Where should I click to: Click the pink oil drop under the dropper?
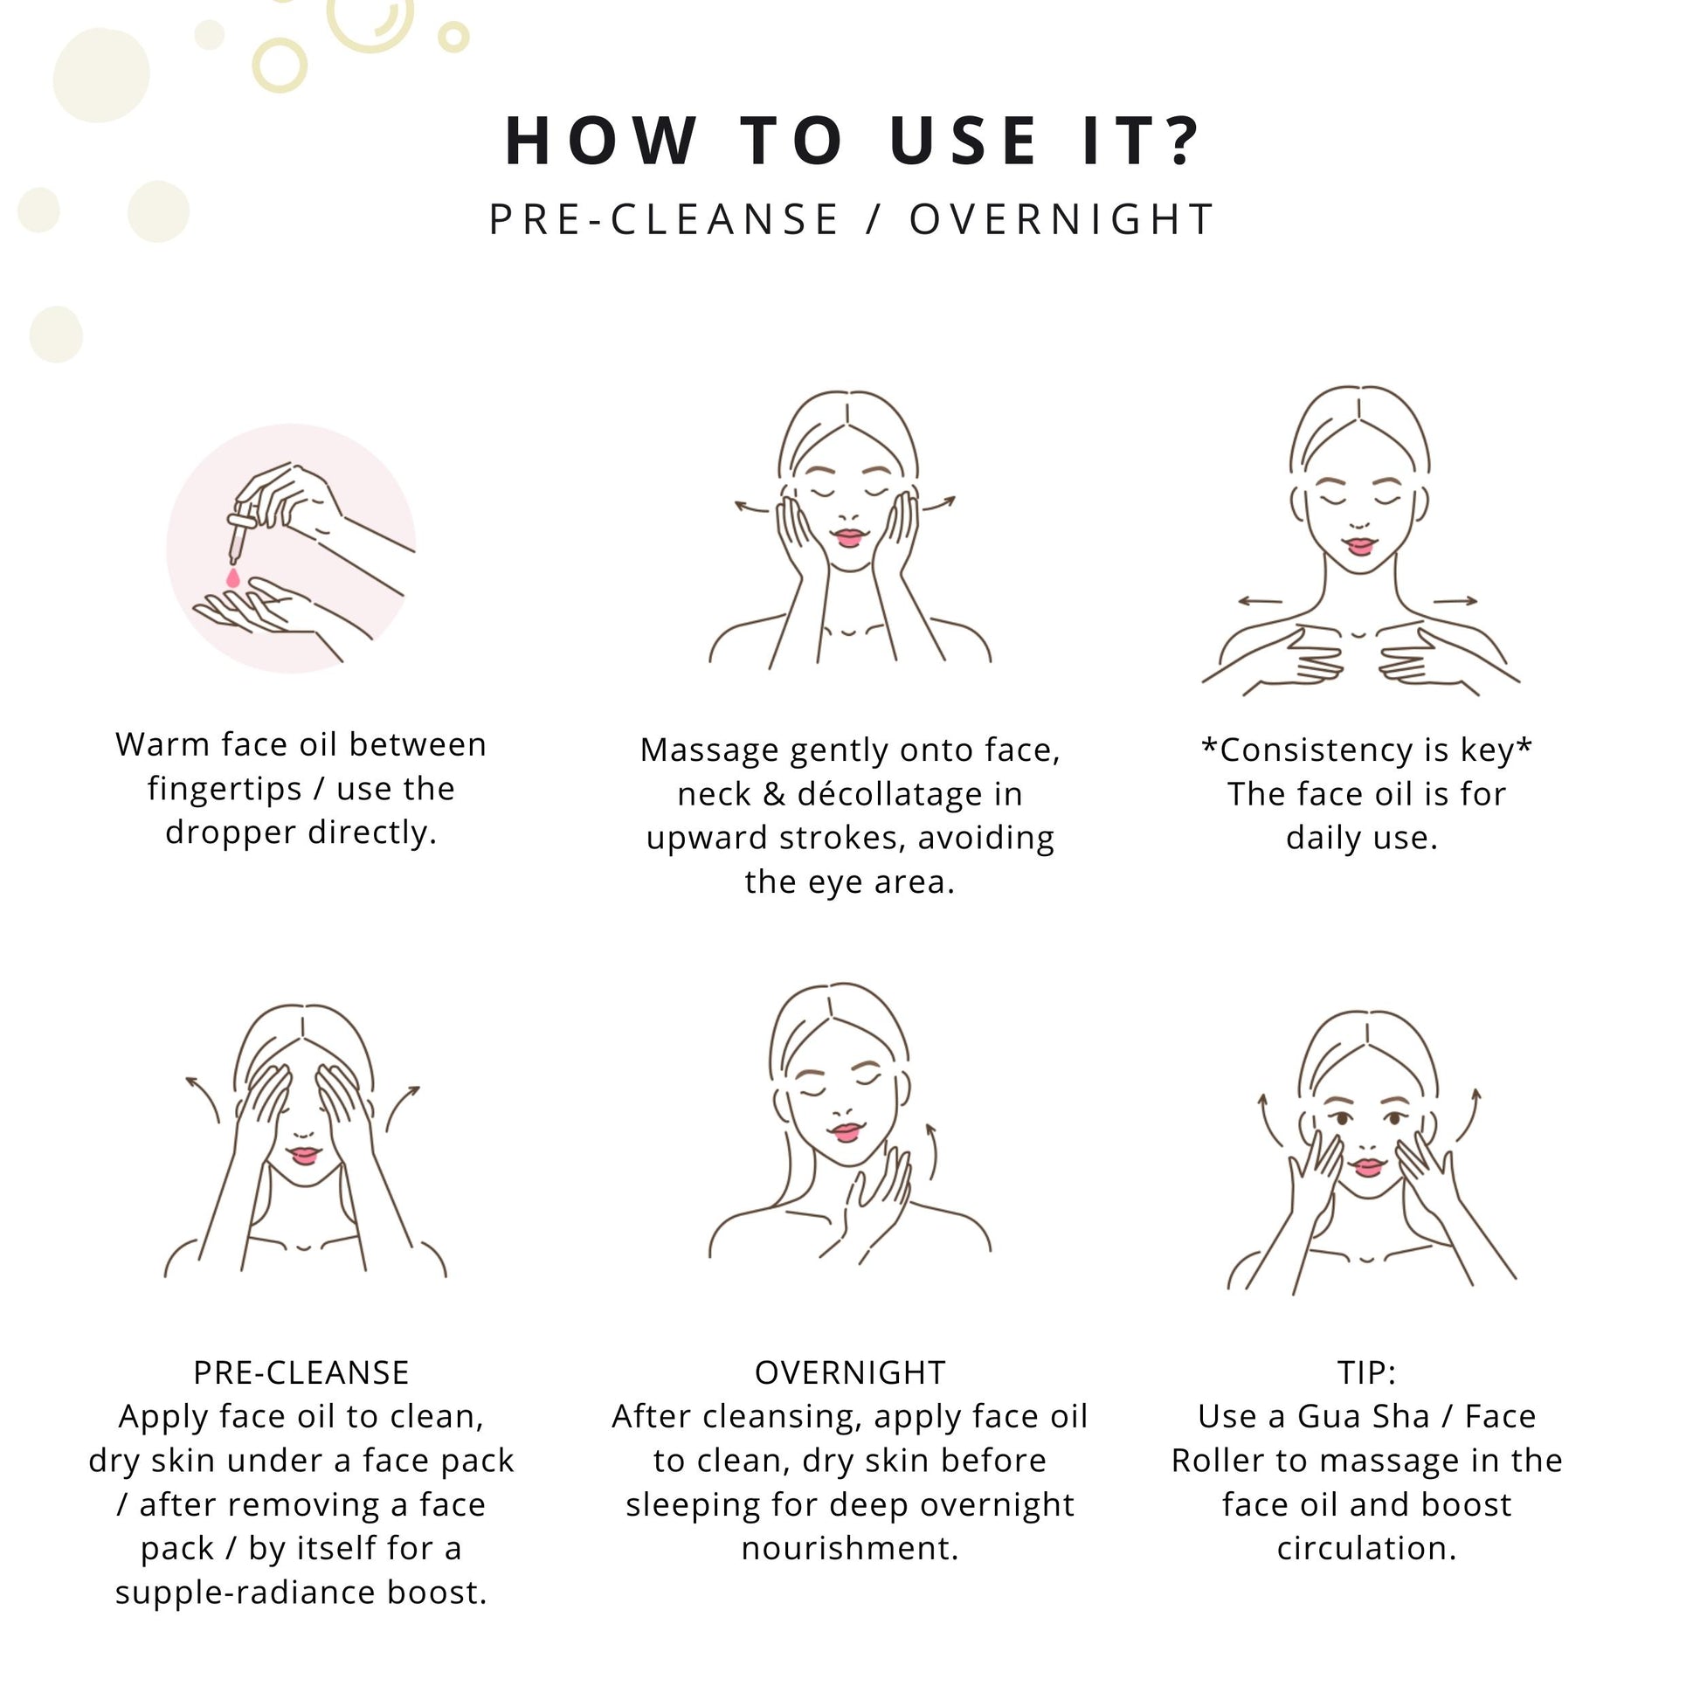click(x=233, y=577)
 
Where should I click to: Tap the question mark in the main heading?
click(x=1179, y=140)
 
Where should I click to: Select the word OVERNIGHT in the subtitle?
click(x=1062, y=219)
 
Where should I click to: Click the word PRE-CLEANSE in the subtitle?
click(x=664, y=219)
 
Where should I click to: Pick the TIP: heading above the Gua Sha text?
click(x=1366, y=1372)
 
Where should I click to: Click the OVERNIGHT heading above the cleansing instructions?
click(x=850, y=1372)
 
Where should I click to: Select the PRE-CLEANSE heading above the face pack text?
click(x=301, y=1372)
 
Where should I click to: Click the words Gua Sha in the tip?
click(x=1363, y=1417)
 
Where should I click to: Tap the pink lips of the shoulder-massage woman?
click(x=1360, y=547)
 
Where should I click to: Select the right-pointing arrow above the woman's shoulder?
click(x=1455, y=601)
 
